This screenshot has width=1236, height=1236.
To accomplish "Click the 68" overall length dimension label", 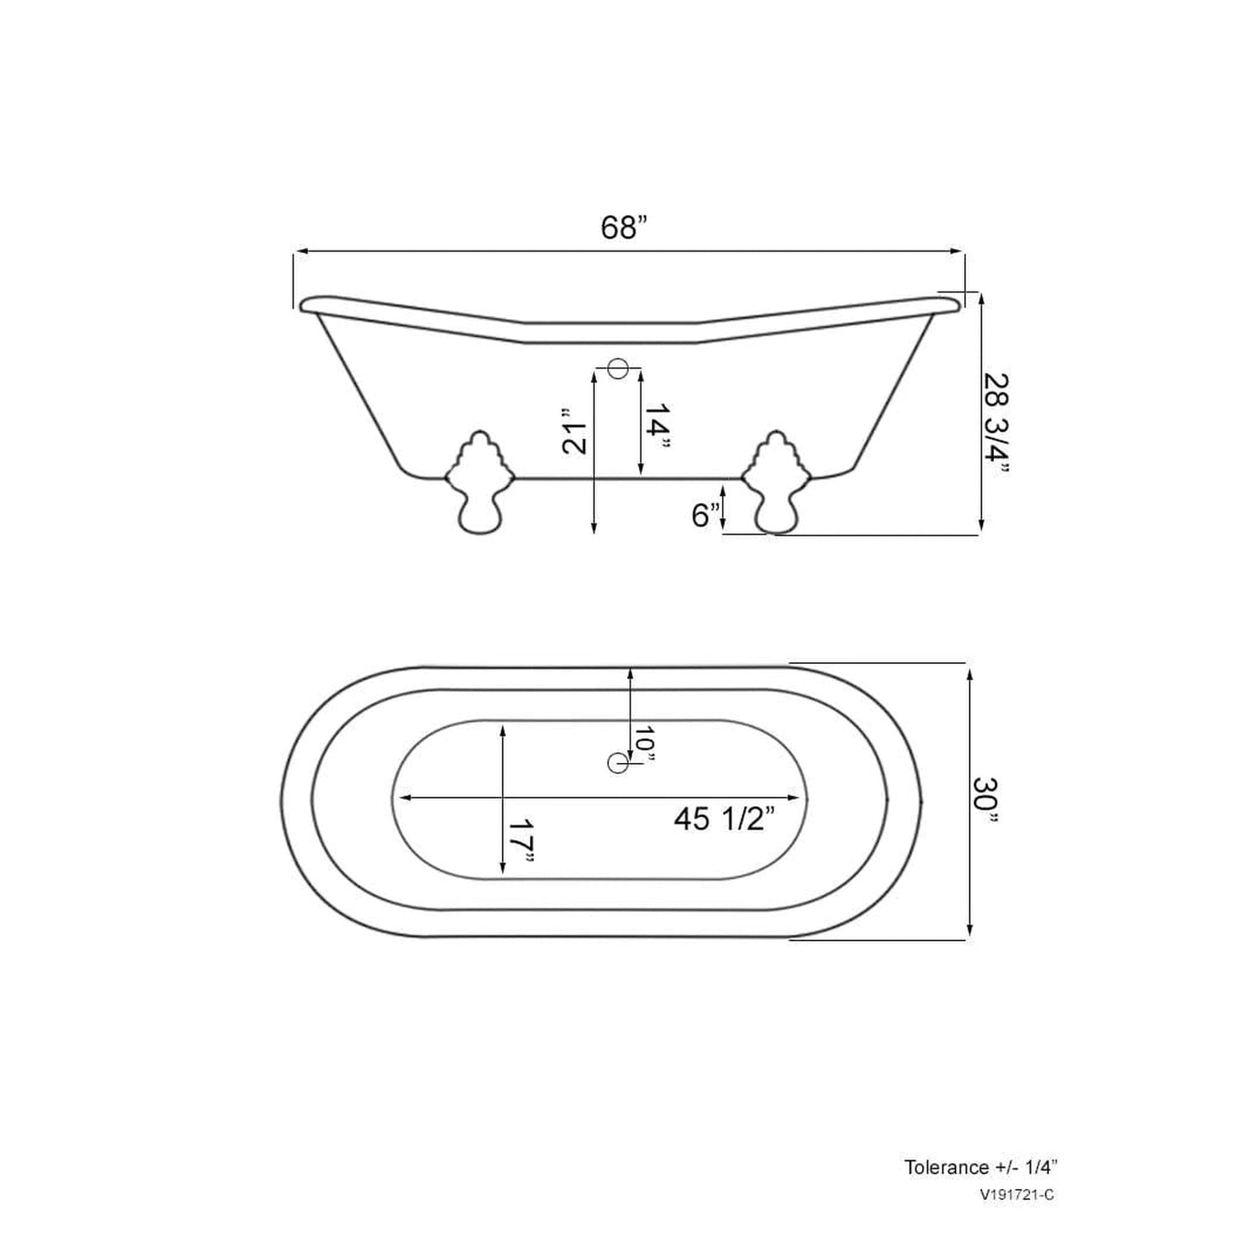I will click(x=624, y=228).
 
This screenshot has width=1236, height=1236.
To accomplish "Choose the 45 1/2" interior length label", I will click(x=724, y=819).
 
